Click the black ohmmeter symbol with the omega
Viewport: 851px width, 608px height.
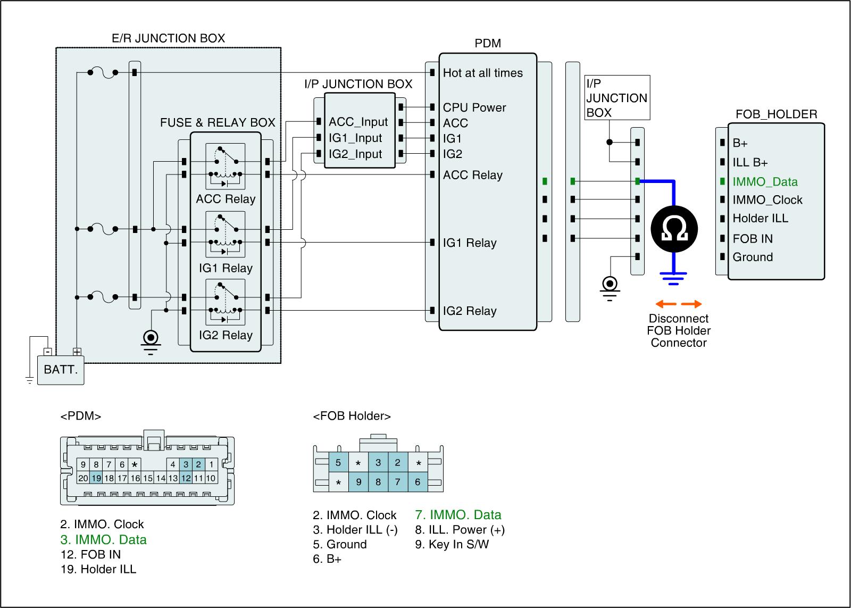(674, 230)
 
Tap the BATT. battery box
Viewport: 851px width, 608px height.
(61, 369)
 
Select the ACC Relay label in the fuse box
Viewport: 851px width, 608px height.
(226, 199)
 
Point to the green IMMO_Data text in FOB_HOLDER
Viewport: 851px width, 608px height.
(765, 182)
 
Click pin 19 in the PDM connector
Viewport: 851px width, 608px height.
(96, 478)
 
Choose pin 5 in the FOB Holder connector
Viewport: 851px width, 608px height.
(338, 463)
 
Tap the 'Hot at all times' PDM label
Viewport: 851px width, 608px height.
(482, 73)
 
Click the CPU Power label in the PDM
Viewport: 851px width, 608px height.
(474, 107)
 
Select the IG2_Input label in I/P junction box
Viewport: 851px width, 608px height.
(355, 154)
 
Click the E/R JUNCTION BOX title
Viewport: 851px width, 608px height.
(168, 38)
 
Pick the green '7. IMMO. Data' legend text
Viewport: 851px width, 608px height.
(458, 515)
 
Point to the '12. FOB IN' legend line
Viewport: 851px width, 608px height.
(90, 554)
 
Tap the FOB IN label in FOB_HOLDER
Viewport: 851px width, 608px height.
(752, 239)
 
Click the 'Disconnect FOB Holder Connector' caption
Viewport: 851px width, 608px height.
(678, 330)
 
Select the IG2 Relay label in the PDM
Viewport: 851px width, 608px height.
(469, 311)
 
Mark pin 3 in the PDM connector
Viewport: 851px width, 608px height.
(186, 464)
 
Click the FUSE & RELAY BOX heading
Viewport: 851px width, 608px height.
(218, 123)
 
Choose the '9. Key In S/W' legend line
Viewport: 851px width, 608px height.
(452, 544)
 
